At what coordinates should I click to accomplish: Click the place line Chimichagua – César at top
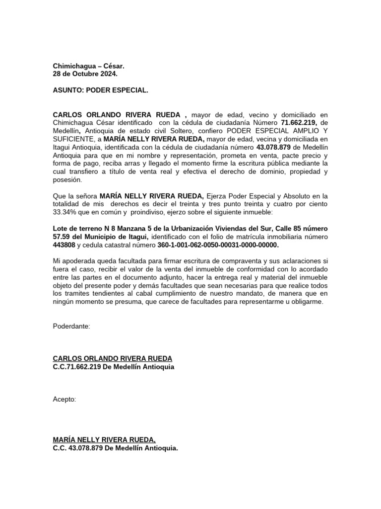coord(89,66)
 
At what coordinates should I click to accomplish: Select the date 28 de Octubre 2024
coord(85,74)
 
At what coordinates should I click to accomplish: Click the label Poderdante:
coord(71,326)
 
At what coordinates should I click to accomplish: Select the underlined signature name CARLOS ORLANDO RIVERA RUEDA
coord(113,359)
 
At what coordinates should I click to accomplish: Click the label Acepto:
coord(64,399)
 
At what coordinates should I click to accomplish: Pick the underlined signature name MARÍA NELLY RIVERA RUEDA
coord(104,439)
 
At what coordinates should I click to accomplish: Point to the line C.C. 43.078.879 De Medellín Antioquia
coord(115,447)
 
